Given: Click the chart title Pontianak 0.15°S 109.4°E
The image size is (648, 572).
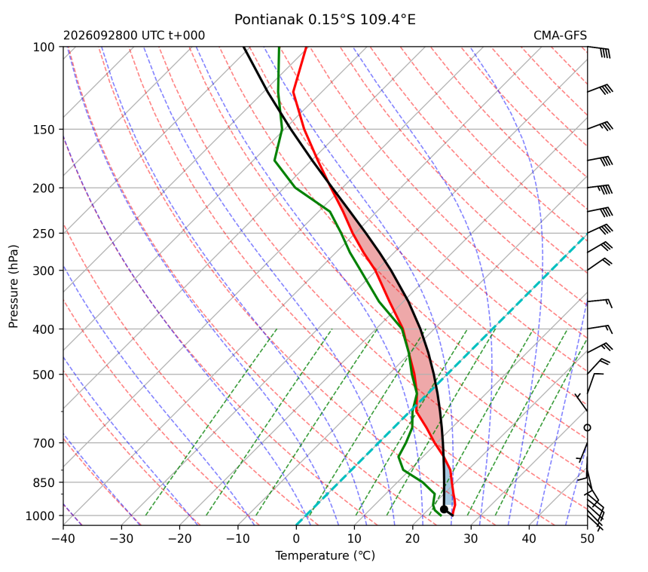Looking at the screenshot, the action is coord(325,20).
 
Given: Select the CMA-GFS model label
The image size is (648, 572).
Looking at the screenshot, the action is coord(560,35).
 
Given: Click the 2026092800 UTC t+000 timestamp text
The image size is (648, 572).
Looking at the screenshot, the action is coord(134,35).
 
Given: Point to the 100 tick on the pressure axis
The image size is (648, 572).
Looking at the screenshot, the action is coord(44,47).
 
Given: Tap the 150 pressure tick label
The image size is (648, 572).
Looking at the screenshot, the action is coord(44,130).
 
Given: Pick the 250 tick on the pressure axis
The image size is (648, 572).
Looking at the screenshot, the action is coord(44,234).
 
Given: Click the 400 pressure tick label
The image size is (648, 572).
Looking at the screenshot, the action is coord(44,329).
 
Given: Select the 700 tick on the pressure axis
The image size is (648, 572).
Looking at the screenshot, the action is coord(44,443).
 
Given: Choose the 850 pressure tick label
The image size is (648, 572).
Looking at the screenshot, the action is coord(44,482).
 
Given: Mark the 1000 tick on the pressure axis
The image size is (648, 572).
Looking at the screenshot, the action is coord(41,515).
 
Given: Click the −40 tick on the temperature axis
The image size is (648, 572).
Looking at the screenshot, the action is coord(63,539).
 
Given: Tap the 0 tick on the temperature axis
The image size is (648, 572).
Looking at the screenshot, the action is coord(296,539).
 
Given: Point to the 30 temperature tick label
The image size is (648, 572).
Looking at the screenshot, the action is coord(471,539).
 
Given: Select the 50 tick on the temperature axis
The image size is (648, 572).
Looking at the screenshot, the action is coord(587,539).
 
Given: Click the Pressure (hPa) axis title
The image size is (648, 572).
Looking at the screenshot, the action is coord(14,286).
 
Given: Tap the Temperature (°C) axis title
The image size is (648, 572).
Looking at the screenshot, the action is coord(326,555).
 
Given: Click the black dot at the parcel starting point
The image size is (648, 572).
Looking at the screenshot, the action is coord(444,509).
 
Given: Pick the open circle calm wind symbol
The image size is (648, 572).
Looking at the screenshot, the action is coord(587,427).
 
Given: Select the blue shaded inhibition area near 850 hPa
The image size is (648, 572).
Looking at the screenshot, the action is coord(449,490).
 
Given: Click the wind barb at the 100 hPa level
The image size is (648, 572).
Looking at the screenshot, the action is coord(599,50).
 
